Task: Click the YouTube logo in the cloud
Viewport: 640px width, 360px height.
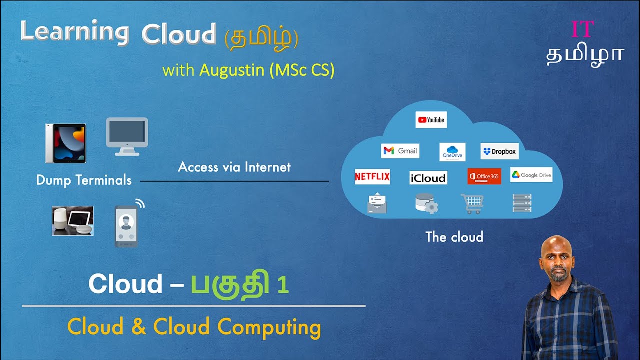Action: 431,120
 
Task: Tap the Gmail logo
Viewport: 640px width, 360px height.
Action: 400,151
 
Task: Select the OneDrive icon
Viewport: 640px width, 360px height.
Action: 452,152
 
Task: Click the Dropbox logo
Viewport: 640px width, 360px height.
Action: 499,151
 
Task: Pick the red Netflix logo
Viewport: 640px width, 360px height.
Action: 372,177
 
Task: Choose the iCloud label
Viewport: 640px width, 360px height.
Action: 428,178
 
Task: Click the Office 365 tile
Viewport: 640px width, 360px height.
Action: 484,176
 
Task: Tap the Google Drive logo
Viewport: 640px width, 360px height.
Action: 531,175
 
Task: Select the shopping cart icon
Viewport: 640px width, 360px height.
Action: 472,203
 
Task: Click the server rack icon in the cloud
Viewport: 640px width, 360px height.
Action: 522,203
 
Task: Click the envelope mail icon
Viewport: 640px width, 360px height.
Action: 377,203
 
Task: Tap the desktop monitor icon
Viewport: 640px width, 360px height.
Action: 127,136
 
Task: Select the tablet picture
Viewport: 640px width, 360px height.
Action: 66,143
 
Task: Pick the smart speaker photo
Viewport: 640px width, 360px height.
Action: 73,221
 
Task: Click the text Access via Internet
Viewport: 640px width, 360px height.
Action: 234,167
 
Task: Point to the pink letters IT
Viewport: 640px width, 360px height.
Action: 582,30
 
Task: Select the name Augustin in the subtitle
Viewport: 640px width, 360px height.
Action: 231,70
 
